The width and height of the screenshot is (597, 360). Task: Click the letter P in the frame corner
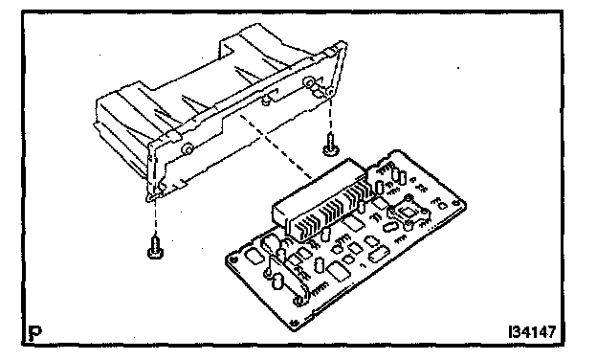pyautogui.click(x=35, y=333)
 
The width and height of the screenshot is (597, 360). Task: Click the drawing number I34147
pyautogui.click(x=532, y=332)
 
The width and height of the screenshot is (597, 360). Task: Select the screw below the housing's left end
pyautogui.click(x=155, y=247)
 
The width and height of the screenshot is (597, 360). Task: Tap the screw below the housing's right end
pyautogui.click(x=330, y=145)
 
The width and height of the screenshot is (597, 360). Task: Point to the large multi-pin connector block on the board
pyautogui.click(x=322, y=200)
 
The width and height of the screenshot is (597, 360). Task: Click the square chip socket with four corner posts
pyautogui.click(x=408, y=212)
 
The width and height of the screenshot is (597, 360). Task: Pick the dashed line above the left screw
pyautogui.click(x=155, y=216)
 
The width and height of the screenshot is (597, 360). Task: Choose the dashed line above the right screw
pyautogui.click(x=330, y=114)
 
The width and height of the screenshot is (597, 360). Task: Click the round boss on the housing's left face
pyautogui.click(x=187, y=148)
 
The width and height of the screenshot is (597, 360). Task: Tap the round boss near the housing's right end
pyautogui.click(x=308, y=82)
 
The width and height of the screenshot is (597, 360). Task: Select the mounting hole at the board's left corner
pyautogui.click(x=233, y=259)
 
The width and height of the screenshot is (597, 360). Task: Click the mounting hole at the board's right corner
pyautogui.click(x=456, y=203)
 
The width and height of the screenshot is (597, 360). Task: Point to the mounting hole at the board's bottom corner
pyautogui.click(x=293, y=323)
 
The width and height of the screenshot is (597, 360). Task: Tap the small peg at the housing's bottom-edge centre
pyautogui.click(x=265, y=101)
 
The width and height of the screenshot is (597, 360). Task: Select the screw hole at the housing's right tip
pyautogui.click(x=330, y=92)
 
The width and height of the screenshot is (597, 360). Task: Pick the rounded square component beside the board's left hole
pyautogui.click(x=254, y=256)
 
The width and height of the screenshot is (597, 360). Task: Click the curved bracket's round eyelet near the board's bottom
pyautogui.click(x=299, y=301)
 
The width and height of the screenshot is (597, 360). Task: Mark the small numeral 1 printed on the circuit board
pyautogui.click(x=363, y=265)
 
